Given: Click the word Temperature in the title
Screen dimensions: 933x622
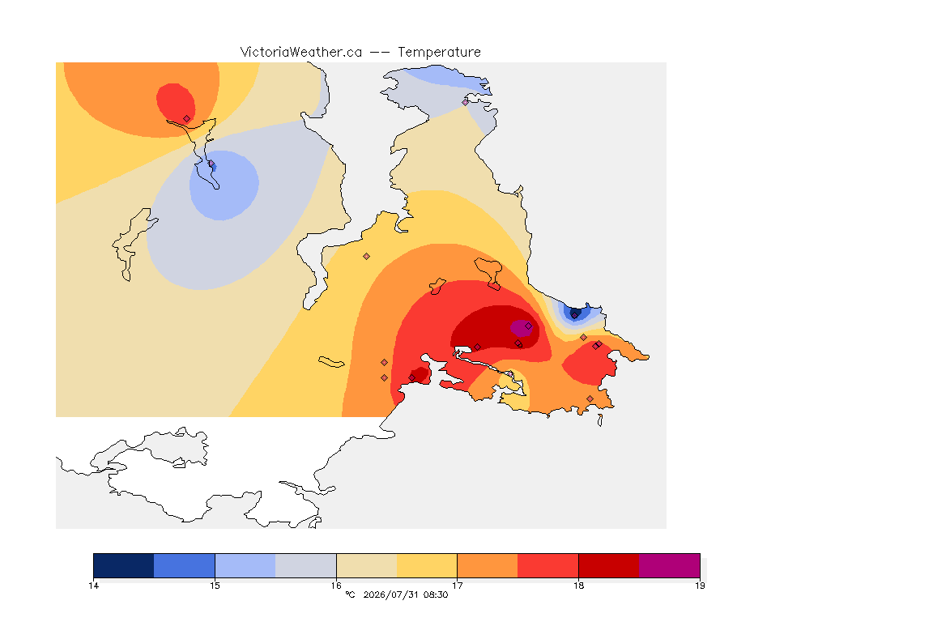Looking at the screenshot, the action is [x=439, y=53].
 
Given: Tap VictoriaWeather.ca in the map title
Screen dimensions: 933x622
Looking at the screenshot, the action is [x=301, y=53].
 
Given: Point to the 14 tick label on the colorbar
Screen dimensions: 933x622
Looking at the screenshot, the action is [x=93, y=586].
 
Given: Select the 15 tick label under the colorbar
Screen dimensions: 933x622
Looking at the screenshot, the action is [x=215, y=586].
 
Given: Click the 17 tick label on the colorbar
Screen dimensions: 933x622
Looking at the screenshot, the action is [x=457, y=586].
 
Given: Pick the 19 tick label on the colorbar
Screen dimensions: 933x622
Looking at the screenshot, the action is [x=700, y=586].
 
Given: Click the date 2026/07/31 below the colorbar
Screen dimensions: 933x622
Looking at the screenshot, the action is [x=391, y=594].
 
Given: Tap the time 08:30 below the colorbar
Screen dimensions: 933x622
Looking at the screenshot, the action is [x=437, y=594].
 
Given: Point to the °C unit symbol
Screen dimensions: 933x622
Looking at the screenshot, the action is [x=351, y=594].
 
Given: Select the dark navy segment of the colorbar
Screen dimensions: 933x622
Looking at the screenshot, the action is [x=124, y=565].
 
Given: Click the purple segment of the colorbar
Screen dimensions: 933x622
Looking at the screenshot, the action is [x=670, y=565].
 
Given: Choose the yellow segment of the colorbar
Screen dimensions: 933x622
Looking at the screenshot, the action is [x=427, y=565].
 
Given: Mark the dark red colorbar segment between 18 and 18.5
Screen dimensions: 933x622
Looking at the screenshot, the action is [x=609, y=565].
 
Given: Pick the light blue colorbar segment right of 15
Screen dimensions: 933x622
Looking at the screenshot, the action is [x=245, y=565].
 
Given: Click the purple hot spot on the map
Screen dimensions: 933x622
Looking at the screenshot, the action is [x=522, y=328].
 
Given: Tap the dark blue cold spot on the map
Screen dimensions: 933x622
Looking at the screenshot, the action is [x=575, y=313].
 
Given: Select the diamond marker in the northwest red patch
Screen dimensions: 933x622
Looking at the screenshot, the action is [x=187, y=119].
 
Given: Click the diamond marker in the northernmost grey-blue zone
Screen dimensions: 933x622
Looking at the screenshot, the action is [x=466, y=102].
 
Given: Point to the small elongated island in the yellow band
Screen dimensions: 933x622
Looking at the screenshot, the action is [x=331, y=362].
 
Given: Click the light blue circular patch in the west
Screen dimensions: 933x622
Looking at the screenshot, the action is [x=224, y=185].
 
